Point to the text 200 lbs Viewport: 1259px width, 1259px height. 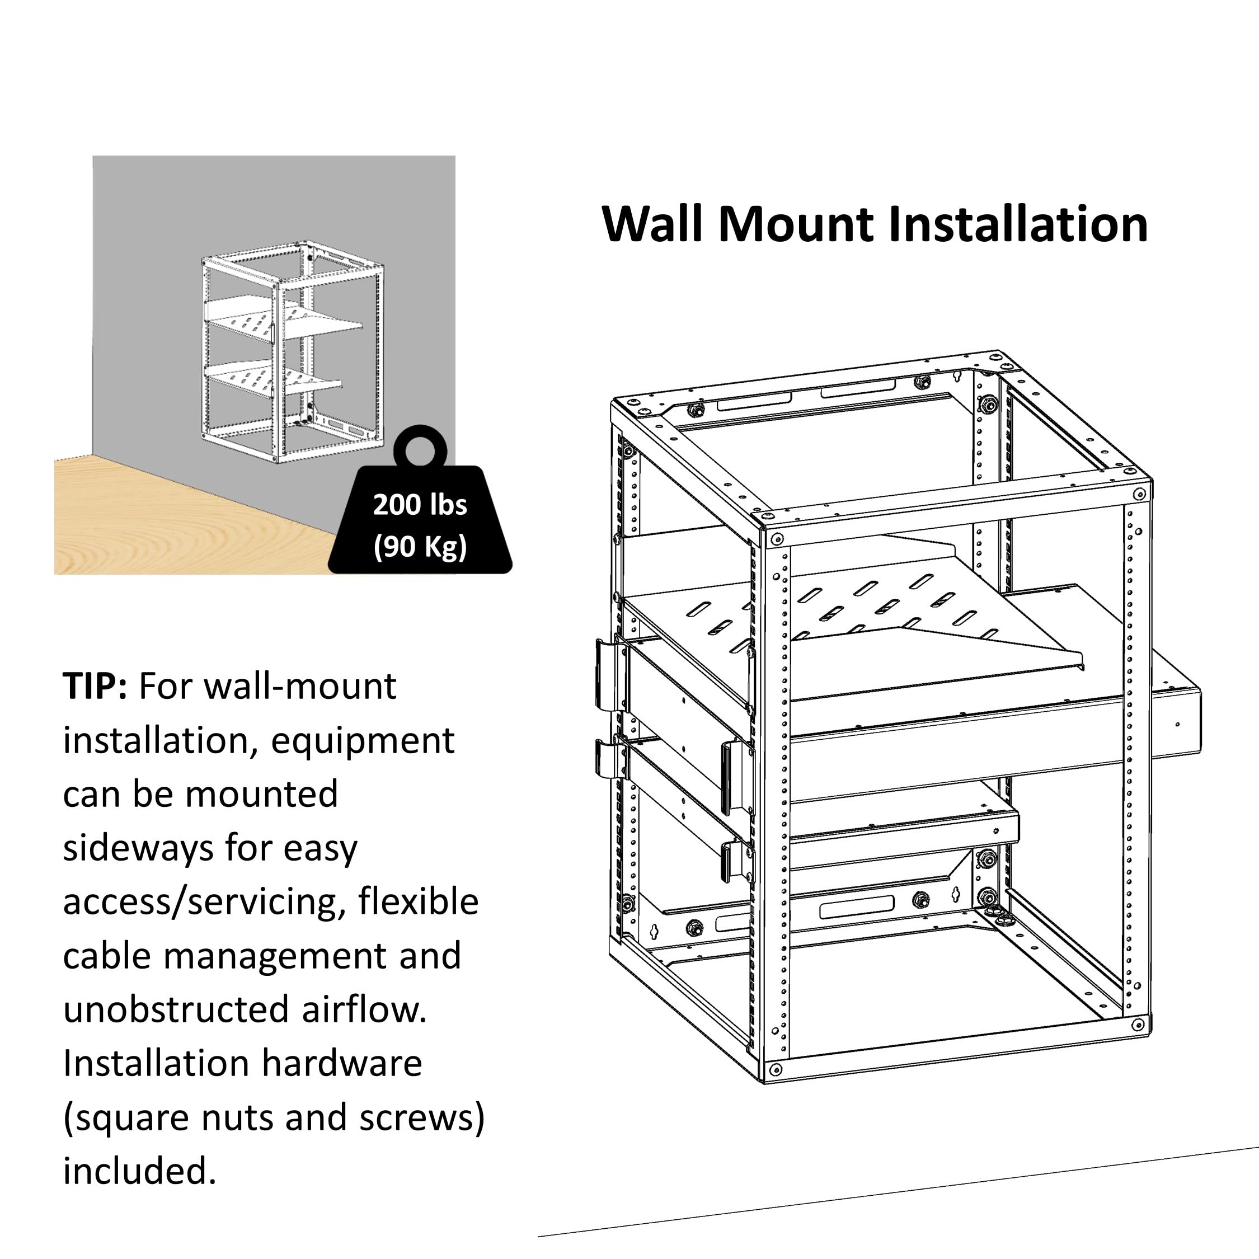tap(420, 505)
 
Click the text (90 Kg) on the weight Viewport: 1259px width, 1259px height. tap(420, 546)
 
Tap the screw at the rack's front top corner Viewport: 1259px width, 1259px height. tap(776, 539)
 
